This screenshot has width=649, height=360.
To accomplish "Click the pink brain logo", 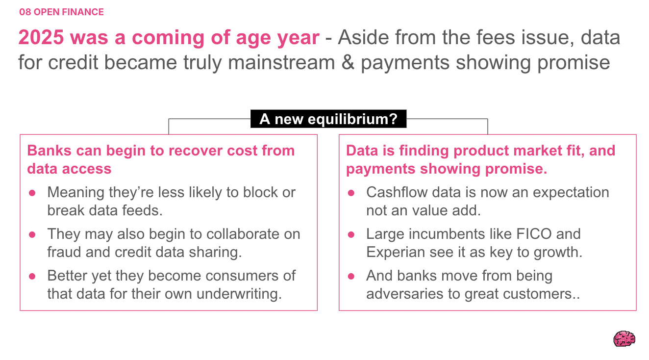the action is pyautogui.click(x=624, y=338).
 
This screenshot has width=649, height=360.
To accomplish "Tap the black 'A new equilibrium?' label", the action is pyautogui.click(x=328, y=119).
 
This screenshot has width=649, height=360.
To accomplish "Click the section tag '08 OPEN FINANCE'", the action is pyautogui.click(x=61, y=12).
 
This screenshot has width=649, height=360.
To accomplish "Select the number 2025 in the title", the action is pyautogui.click(x=41, y=37).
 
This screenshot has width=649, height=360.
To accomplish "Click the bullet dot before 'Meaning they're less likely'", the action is pyautogui.click(x=32, y=193).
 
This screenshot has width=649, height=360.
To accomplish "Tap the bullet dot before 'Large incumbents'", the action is pyautogui.click(x=351, y=234).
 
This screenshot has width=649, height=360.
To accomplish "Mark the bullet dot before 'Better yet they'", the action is pyautogui.click(x=32, y=276).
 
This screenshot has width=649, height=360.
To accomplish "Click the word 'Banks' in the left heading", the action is pyautogui.click(x=49, y=151).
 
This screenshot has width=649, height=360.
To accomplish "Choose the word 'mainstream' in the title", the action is pyautogui.click(x=281, y=62).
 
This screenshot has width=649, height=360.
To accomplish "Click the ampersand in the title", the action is pyautogui.click(x=348, y=62).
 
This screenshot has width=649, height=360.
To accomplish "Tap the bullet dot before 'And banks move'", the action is pyautogui.click(x=351, y=276).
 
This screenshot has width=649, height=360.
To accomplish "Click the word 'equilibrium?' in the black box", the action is pyautogui.click(x=352, y=119).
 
